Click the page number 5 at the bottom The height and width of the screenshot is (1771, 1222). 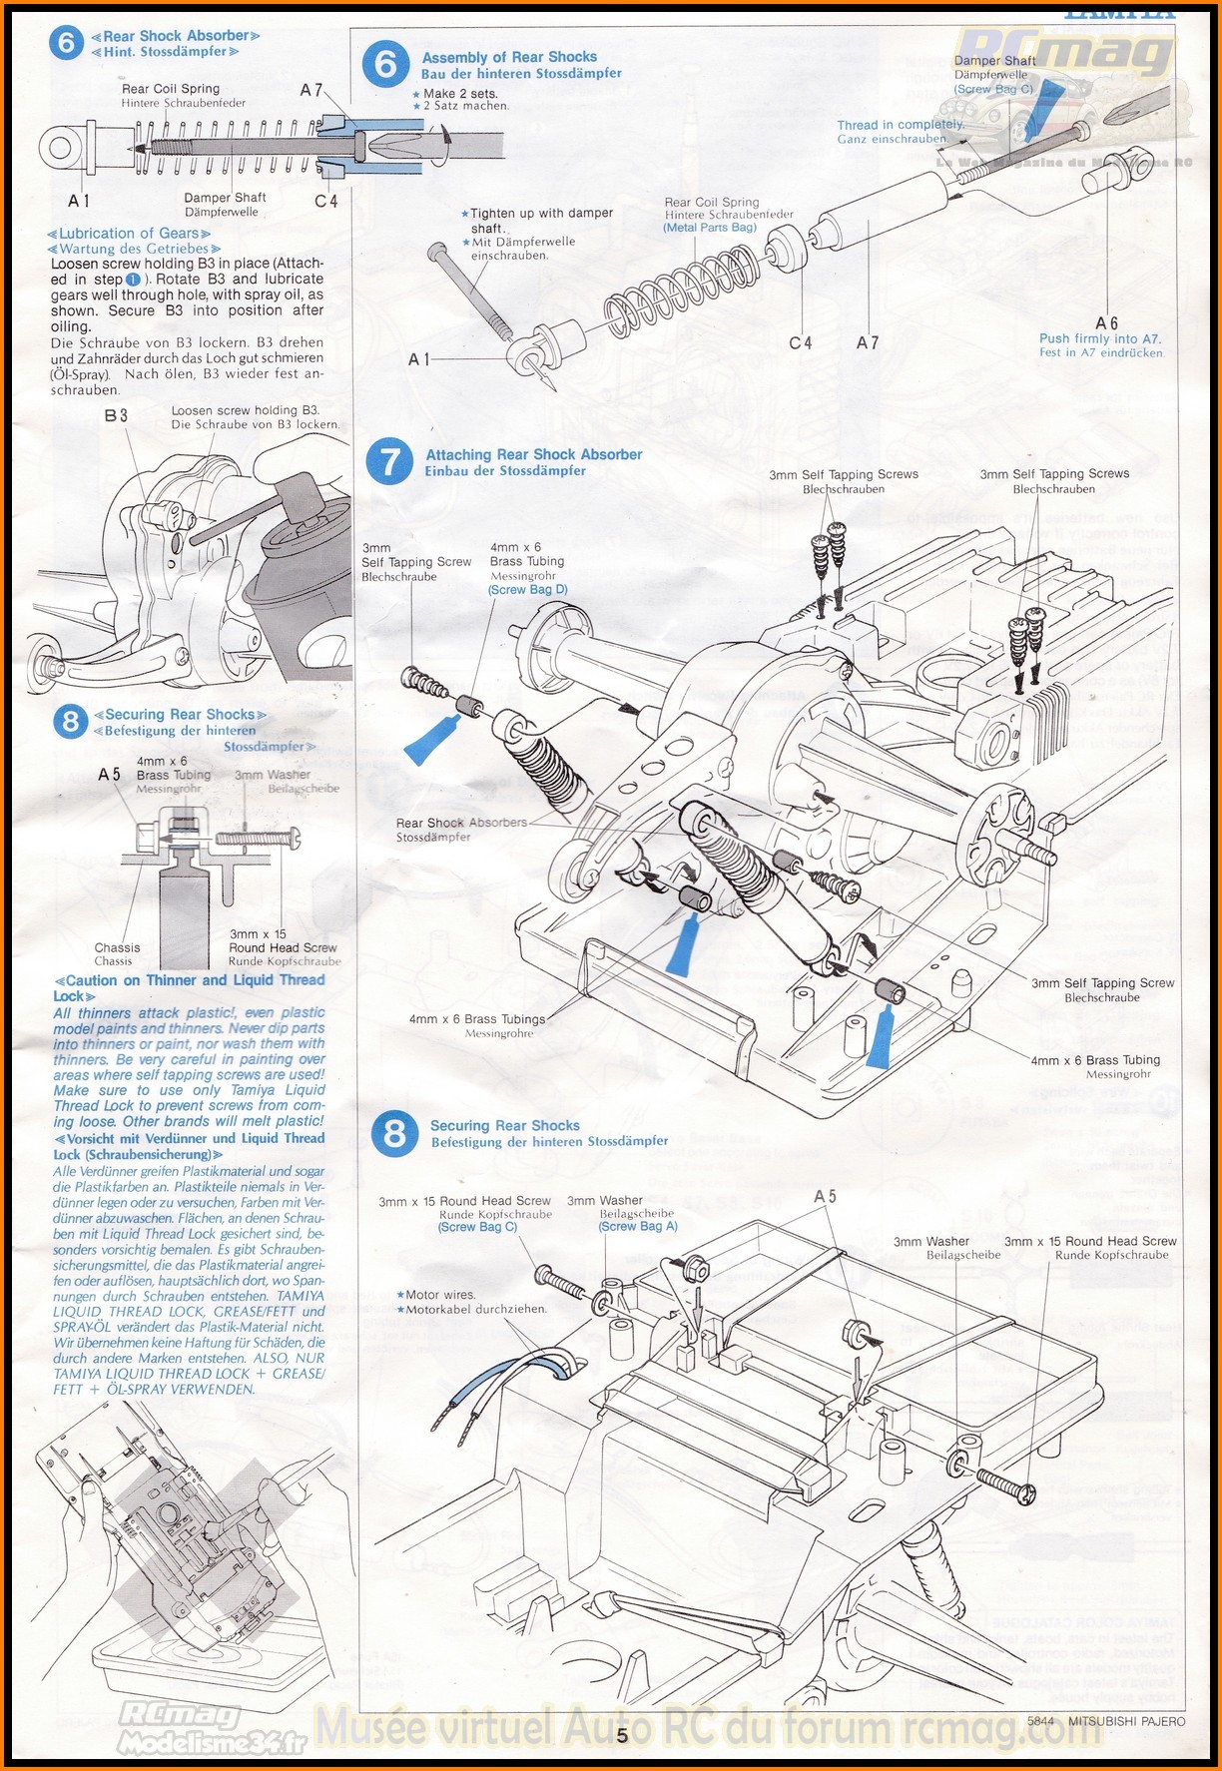(x=622, y=1735)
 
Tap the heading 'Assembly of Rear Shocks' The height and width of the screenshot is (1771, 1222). (x=509, y=57)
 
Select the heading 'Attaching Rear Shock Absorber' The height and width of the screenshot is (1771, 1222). (x=534, y=454)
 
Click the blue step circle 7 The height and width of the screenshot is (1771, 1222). (x=389, y=462)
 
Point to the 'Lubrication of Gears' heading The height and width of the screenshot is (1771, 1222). (x=129, y=233)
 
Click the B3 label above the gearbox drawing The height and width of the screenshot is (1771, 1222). (x=116, y=414)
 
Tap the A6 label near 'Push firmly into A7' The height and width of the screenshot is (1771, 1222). (x=1106, y=322)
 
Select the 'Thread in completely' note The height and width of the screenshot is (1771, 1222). (x=901, y=125)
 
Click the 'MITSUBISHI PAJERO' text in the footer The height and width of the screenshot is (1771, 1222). (x=1126, y=1720)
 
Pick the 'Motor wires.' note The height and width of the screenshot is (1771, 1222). (x=439, y=1294)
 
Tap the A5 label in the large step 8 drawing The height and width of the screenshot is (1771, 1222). (x=825, y=1196)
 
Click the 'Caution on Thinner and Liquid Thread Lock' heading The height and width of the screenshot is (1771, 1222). (x=189, y=987)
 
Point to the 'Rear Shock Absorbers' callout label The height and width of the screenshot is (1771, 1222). (x=460, y=823)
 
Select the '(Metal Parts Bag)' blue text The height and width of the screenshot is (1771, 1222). (x=710, y=228)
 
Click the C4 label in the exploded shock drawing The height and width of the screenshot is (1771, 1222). (x=801, y=342)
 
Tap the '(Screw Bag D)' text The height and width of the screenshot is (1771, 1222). (x=527, y=589)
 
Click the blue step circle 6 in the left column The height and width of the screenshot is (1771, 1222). (x=67, y=43)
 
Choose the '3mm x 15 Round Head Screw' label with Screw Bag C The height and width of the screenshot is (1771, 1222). (x=464, y=1201)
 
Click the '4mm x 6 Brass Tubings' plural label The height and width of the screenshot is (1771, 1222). (x=476, y=1019)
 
